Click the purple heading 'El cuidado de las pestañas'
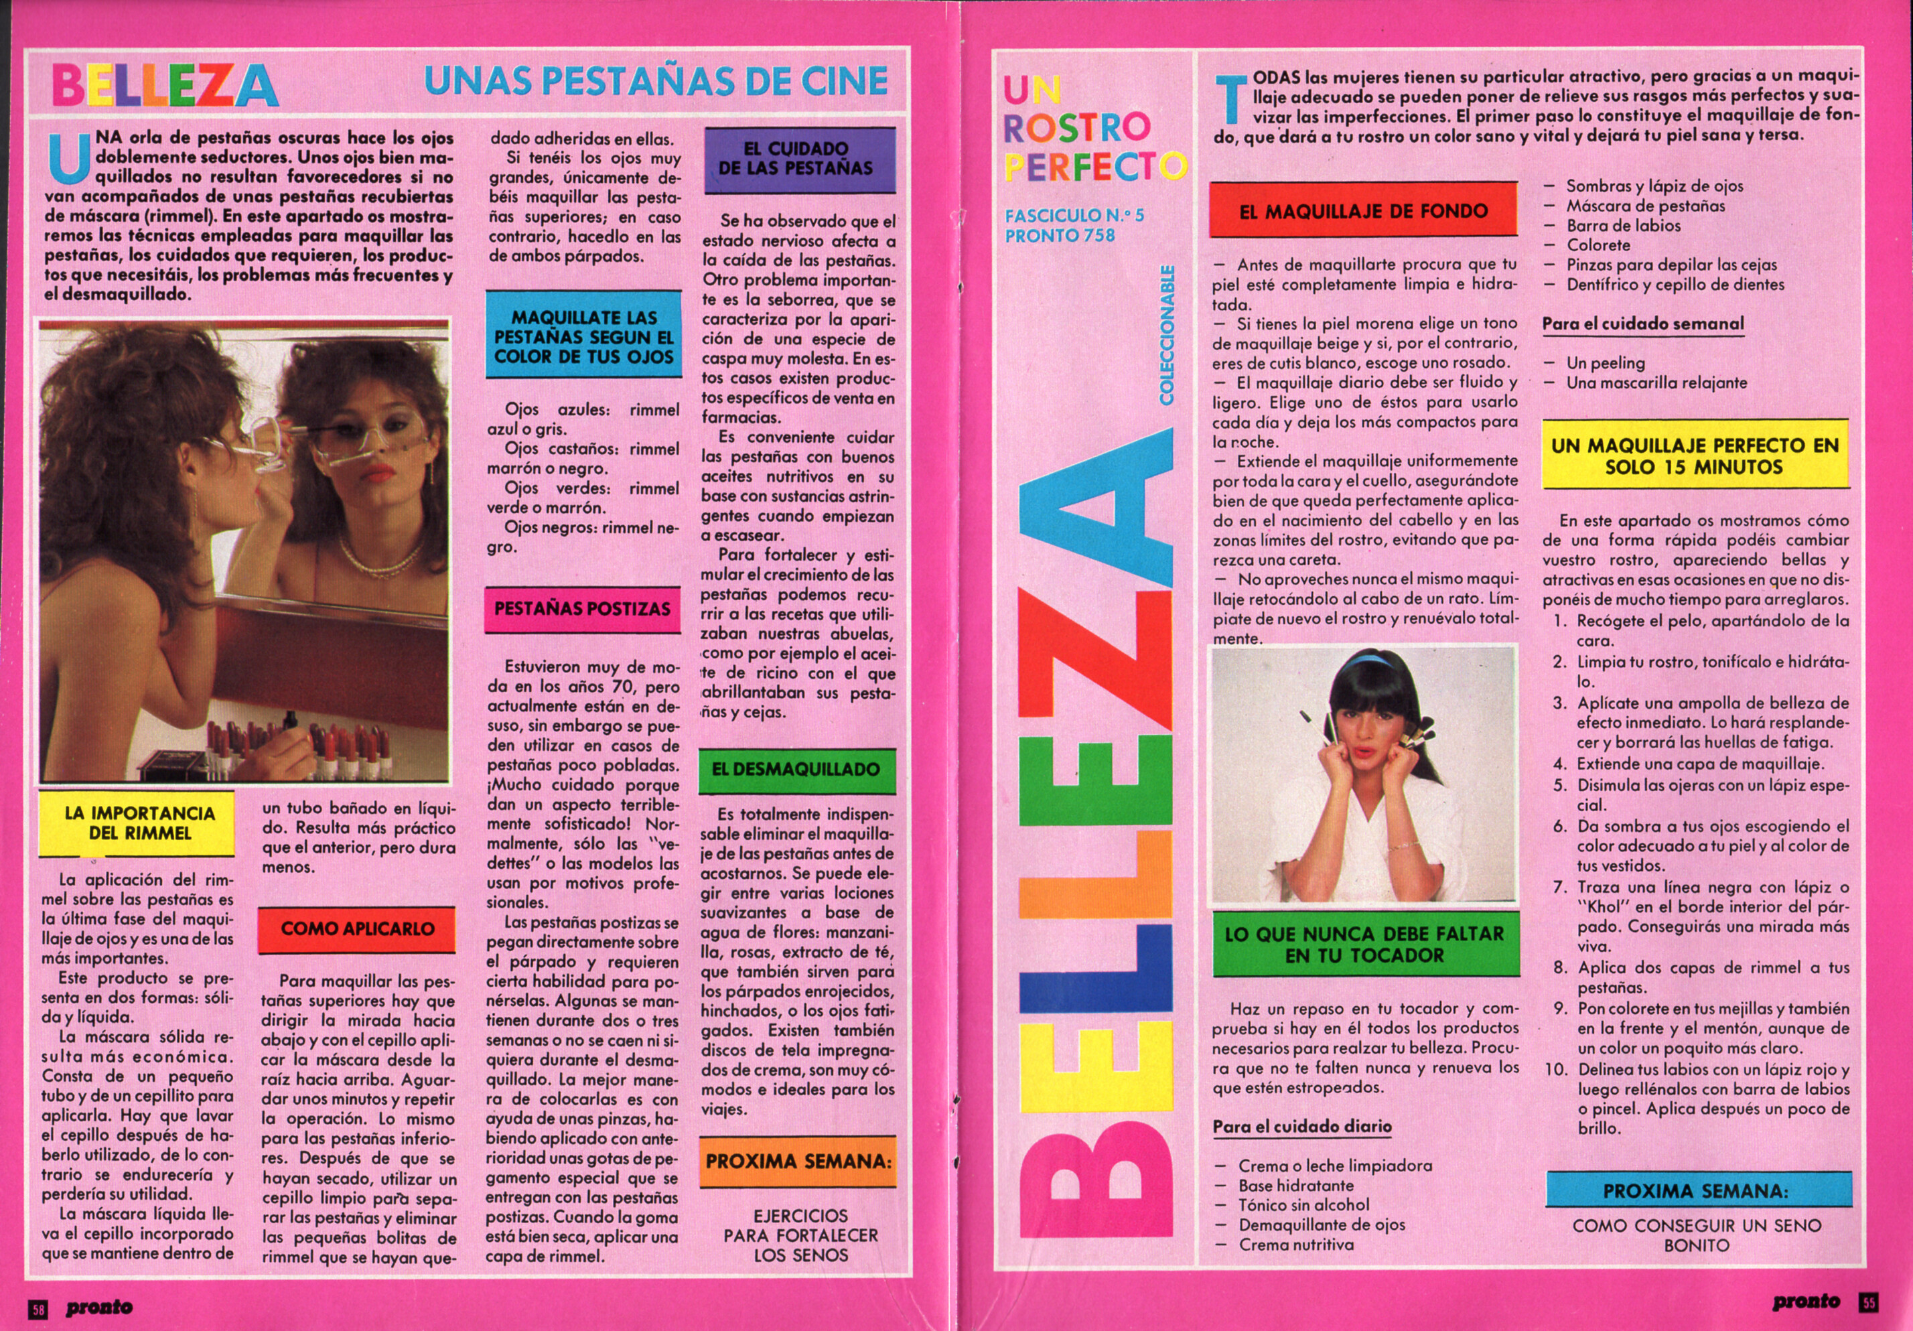pyautogui.click(x=799, y=158)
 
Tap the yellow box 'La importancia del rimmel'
pyautogui.click(x=139, y=823)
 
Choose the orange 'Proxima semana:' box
pyautogui.click(x=798, y=1161)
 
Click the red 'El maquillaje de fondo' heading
pyautogui.click(x=1362, y=212)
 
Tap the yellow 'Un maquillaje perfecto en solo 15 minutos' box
pyautogui.click(x=1695, y=456)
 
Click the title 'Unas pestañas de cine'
pyautogui.click(x=656, y=81)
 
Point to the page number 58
pyautogui.click(x=38, y=1308)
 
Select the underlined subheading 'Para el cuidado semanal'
pyautogui.click(x=1642, y=324)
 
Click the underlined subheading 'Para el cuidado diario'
pyautogui.click(x=1301, y=1127)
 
